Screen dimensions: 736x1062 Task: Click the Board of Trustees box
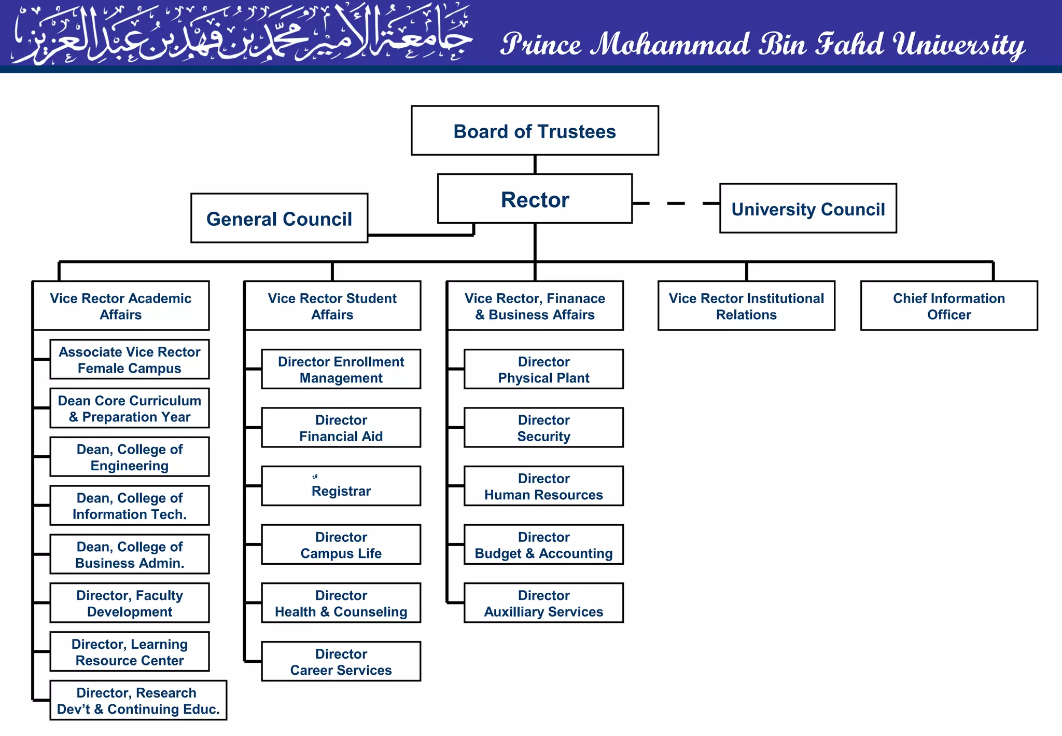[x=535, y=131]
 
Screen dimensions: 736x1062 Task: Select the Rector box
[x=535, y=199]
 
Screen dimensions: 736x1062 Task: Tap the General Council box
[x=279, y=219]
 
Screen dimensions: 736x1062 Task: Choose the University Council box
[x=808, y=209]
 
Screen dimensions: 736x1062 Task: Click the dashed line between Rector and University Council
[x=676, y=203]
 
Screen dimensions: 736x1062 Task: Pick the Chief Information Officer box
[x=949, y=306]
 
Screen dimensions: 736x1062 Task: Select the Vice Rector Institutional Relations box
[x=746, y=306]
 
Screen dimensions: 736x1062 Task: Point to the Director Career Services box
[x=341, y=662]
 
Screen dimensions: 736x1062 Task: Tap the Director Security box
[x=543, y=428]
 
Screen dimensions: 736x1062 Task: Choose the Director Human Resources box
[x=543, y=486]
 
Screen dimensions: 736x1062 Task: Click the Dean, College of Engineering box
[x=130, y=457]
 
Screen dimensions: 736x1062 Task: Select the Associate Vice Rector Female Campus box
[x=130, y=360]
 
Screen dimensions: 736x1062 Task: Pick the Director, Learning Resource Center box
[x=130, y=652]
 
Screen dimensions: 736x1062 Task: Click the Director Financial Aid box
[x=341, y=428]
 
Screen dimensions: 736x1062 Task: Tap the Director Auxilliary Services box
[x=543, y=603]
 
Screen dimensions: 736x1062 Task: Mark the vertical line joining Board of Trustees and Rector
[x=535, y=165]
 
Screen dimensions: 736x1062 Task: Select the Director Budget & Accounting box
[x=543, y=545]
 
